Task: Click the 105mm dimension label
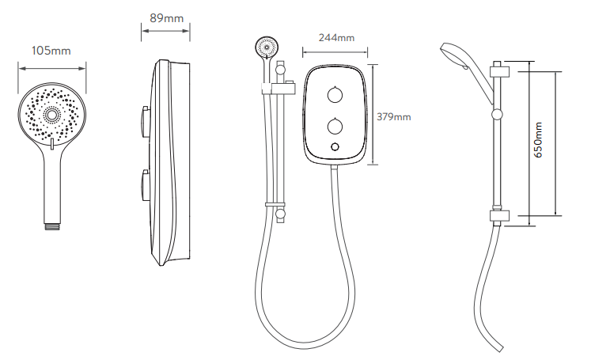click(51, 51)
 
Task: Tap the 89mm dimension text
click(166, 18)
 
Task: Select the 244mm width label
click(336, 38)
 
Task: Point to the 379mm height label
click(393, 117)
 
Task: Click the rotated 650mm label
click(538, 139)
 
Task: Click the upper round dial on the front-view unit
click(335, 95)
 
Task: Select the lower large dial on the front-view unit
click(335, 126)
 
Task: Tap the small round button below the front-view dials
click(335, 147)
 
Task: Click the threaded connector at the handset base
click(52, 226)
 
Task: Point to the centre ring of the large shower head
click(51, 113)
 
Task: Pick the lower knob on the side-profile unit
click(144, 185)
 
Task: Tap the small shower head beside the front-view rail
click(267, 47)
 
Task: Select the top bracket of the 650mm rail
click(499, 72)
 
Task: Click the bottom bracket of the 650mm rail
click(499, 216)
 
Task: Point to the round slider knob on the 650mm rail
click(498, 114)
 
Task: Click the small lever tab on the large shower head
click(52, 144)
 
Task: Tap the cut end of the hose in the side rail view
click(498, 348)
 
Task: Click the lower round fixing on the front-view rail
click(280, 214)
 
